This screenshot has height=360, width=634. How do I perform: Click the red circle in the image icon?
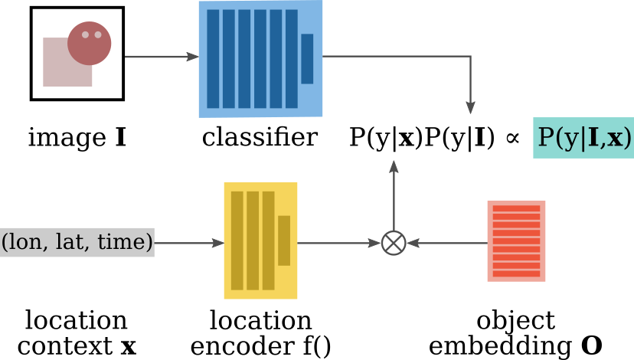point(89,44)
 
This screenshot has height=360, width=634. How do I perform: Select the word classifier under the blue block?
point(260,137)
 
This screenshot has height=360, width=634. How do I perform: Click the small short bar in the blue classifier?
point(307,59)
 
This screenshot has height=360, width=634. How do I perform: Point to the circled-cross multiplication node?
point(394,243)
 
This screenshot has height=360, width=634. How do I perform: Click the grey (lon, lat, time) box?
point(77,242)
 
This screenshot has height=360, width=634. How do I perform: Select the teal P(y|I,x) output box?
point(583,138)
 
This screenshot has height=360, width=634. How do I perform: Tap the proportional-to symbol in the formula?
point(512,138)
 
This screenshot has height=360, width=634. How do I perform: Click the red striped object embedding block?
point(516,241)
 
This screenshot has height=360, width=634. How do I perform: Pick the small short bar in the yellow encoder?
point(284,241)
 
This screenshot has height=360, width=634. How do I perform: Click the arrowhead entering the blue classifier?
point(192,57)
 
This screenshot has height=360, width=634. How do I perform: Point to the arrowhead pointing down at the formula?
point(470,107)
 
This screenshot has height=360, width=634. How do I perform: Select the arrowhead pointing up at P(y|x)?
point(394,168)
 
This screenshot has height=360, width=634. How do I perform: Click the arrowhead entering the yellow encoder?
point(218,243)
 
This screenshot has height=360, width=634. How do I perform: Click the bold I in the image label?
point(120,138)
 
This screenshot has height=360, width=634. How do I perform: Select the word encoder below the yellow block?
point(242,346)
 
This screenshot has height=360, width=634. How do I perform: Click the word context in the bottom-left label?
point(64,347)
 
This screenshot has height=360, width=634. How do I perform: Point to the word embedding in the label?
point(500,347)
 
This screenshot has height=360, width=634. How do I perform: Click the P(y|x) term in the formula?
point(386,138)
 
